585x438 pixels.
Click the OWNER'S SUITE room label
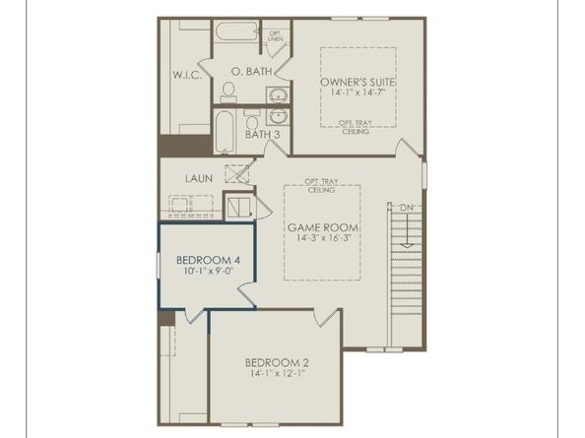[x=357, y=82]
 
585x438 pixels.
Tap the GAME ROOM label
[x=323, y=227]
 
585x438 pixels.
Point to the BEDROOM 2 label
[x=277, y=362]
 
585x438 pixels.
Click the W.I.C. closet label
[x=187, y=75]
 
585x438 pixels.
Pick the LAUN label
[x=199, y=178]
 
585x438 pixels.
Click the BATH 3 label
[x=262, y=134]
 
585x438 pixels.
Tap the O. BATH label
[x=251, y=71]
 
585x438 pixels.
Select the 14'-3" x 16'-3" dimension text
[x=324, y=238]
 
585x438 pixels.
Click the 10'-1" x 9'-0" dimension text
[x=208, y=271]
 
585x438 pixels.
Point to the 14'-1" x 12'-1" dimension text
[x=278, y=373]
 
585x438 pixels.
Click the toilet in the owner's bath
[x=227, y=93]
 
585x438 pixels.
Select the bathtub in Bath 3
[x=225, y=131]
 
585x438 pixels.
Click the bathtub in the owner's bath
[x=237, y=31]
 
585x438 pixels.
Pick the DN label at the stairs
[x=407, y=208]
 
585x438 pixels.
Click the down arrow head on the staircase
[x=407, y=246]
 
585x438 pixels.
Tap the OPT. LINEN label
[x=276, y=36]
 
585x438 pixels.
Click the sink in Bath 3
[x=278, y=117]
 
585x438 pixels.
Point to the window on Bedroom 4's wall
[x=158, y=265]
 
